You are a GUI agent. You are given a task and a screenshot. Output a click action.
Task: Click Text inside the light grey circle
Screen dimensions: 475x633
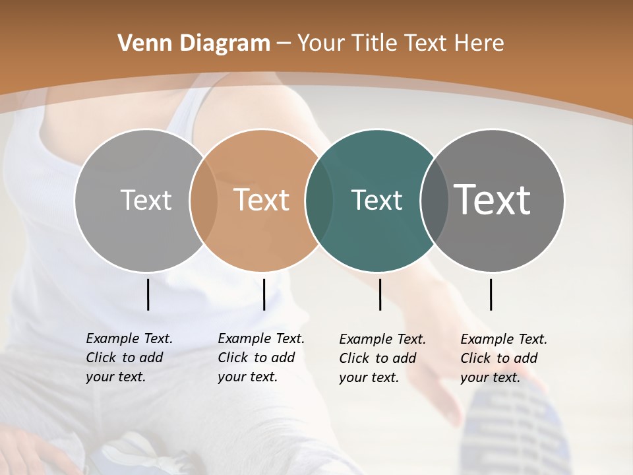click(x=146, y=200)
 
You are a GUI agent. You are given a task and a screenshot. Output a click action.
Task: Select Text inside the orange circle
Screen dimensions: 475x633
click(x=262, y=200)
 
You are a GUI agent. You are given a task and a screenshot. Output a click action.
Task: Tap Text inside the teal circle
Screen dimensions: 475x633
click(x=377, y=200)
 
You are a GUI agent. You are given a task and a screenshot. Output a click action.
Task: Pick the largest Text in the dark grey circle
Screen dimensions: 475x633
click(x=493, y=199)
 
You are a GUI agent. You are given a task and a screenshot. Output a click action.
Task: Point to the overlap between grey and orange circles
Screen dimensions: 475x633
click(x=204, y=201)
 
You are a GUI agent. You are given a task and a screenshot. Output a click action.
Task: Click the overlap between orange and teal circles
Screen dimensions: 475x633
click(x=319, y=201)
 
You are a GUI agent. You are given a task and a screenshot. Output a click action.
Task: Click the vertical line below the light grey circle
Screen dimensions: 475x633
click(x=148, y=294)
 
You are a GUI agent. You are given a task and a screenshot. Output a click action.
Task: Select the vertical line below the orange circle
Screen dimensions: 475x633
click(x=264, y=294)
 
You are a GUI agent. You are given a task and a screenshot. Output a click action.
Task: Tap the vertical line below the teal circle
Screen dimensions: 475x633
click(x=380, y=294)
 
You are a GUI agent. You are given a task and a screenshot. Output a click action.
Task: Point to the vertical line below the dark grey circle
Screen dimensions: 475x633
click(x=491, y=294)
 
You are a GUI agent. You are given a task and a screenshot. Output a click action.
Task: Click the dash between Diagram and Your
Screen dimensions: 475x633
click(x=284, y=44)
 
